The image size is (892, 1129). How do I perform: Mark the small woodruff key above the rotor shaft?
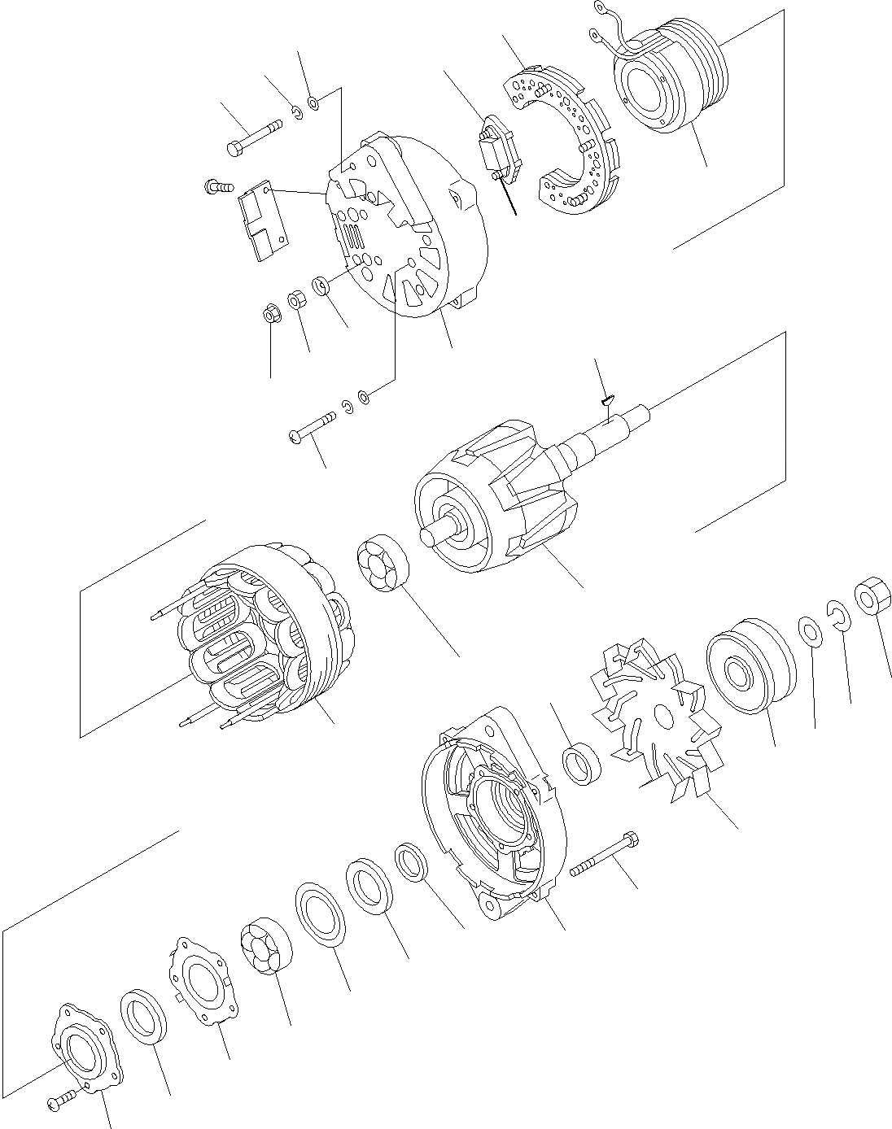point(607,399)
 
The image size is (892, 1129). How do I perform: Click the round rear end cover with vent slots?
point(407,228)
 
